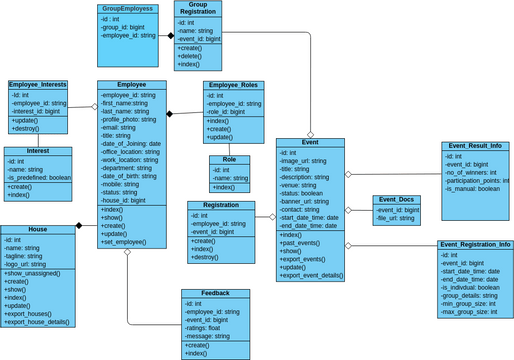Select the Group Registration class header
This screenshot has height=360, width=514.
[x=198, y=10]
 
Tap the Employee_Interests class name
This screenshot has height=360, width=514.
[x=38, y=86]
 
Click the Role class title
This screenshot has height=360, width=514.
[x=230, y=160]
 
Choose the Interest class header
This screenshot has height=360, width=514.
[x=38, y=152]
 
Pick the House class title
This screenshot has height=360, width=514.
[x=38, y=229]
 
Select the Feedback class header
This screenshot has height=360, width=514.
[x=215, y=294]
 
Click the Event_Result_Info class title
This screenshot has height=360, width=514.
[x=475, y=146]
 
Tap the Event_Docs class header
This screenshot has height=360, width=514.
[x=396, y=200]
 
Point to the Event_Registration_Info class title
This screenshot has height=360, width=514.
[x=475, y=244]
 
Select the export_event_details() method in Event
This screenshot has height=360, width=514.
[x=311, y=276]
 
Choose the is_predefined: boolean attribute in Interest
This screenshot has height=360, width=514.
[x=40, y=177]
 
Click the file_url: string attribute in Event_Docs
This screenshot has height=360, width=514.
[x=396, y=218]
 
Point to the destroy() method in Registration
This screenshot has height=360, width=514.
[x=205, y=257]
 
